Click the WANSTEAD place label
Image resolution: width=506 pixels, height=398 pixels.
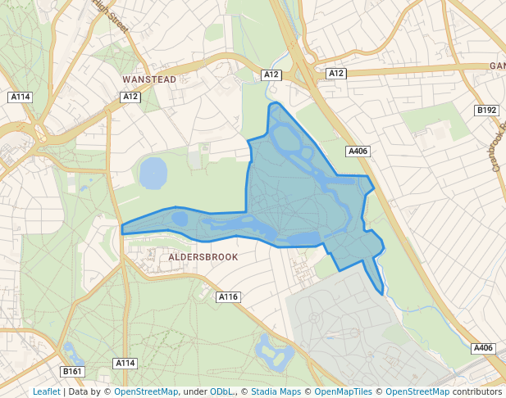coord(149,79)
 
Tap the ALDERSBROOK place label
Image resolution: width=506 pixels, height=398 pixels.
coord(203,256)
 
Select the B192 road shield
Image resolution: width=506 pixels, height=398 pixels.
coord(486,110)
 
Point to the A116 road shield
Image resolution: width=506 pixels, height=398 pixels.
coord(228,296)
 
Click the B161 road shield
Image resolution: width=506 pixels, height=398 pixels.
coord(73,372)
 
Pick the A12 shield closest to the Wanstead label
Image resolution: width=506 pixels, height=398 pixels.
coord(130,97)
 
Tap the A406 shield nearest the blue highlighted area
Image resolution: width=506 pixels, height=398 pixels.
coord(358,151)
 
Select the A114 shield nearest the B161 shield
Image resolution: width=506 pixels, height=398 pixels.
coord(125,363)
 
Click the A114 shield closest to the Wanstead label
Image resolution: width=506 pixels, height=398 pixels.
coord(21,97)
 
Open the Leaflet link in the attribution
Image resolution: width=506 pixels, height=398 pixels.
coord(46,391)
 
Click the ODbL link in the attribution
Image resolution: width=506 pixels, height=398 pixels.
coord(221,391)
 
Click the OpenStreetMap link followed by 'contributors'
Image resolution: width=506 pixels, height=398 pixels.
coord(417,391)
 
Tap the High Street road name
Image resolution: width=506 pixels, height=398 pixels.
coord(112,16)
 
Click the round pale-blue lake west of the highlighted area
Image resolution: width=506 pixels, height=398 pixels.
coord(153,173)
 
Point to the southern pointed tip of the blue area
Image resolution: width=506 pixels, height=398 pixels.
coord(382,293)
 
